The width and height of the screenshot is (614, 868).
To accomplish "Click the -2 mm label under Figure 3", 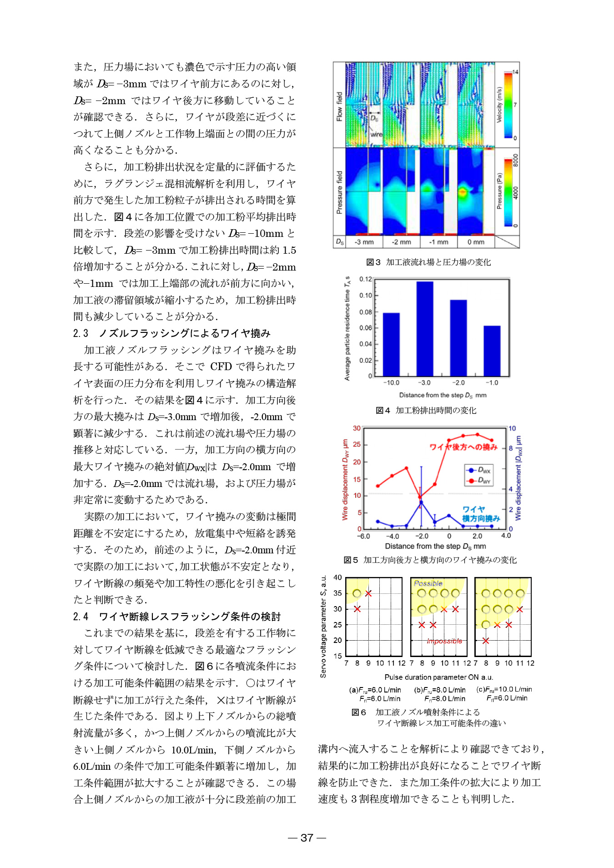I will (x=401, y=242).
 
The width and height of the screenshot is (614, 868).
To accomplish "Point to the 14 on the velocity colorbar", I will (x=515, y=72).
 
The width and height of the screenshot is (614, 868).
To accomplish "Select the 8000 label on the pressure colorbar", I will (x=516, y=160).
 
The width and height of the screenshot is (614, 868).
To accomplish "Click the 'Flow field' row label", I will (x=339, y=107).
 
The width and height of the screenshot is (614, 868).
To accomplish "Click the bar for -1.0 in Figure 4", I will (x=492, y=351).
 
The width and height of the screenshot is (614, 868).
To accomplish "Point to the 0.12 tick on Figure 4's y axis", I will (x=366, y=279).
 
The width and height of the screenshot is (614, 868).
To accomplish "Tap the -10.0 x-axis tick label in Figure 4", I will (x=391, y=383).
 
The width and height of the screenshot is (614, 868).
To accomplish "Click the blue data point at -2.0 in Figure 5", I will (x=421, y=502).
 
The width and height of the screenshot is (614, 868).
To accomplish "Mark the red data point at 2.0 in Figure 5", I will (x=477, y=435).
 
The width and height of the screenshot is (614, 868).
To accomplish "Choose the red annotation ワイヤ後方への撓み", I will (x=463, y=447).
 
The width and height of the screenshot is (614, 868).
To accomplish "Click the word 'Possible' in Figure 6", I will (x=428, y=583).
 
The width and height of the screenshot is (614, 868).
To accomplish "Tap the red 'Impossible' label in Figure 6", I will (x=444, y=641).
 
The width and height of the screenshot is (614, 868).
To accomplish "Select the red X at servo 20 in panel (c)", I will (x=486, y=641).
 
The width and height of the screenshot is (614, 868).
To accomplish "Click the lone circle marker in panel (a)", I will (x=357, y=593).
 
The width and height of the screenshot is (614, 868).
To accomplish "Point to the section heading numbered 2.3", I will (x=172, y=333).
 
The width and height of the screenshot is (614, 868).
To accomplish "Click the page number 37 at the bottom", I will (x=307, y=838).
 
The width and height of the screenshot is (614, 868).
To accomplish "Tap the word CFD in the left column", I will (x=221, y=366).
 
